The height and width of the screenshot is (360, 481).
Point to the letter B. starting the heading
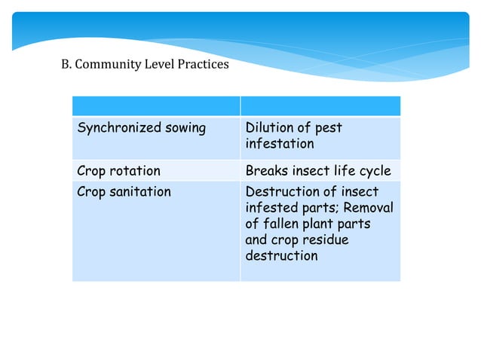[x=65, y=64]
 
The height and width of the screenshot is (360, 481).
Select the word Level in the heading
[x=156, y=64]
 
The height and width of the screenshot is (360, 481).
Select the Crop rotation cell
[x=119, y=171]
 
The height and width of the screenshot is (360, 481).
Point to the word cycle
[x=375, y=171]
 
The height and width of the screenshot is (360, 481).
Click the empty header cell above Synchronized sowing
[x=156, y=105]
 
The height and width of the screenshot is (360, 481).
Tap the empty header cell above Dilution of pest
[x=320, y=105]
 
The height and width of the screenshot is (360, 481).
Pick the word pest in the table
[x=328, y=128]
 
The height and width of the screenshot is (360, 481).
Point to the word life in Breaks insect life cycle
[x=345, y=171]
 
